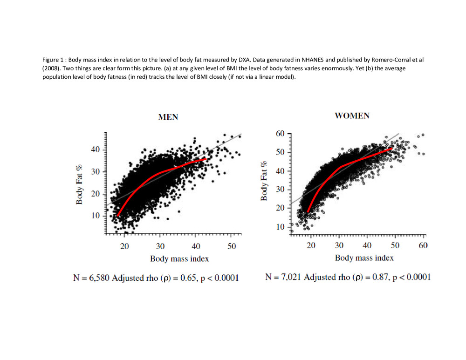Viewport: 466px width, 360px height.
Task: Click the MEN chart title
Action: pos(168,117)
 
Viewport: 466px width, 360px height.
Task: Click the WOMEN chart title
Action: pos(352,115)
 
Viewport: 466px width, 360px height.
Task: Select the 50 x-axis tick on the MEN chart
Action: pos(231,246)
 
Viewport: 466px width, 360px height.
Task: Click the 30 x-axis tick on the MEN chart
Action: pos(160,246)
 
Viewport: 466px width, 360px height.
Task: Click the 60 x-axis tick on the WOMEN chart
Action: pos(423,245)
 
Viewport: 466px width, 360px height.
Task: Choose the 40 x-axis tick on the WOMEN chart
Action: pos(367,245)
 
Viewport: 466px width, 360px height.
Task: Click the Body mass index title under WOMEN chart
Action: pos(364,258)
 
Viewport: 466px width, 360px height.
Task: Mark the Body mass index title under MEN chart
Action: pos(179,258)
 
